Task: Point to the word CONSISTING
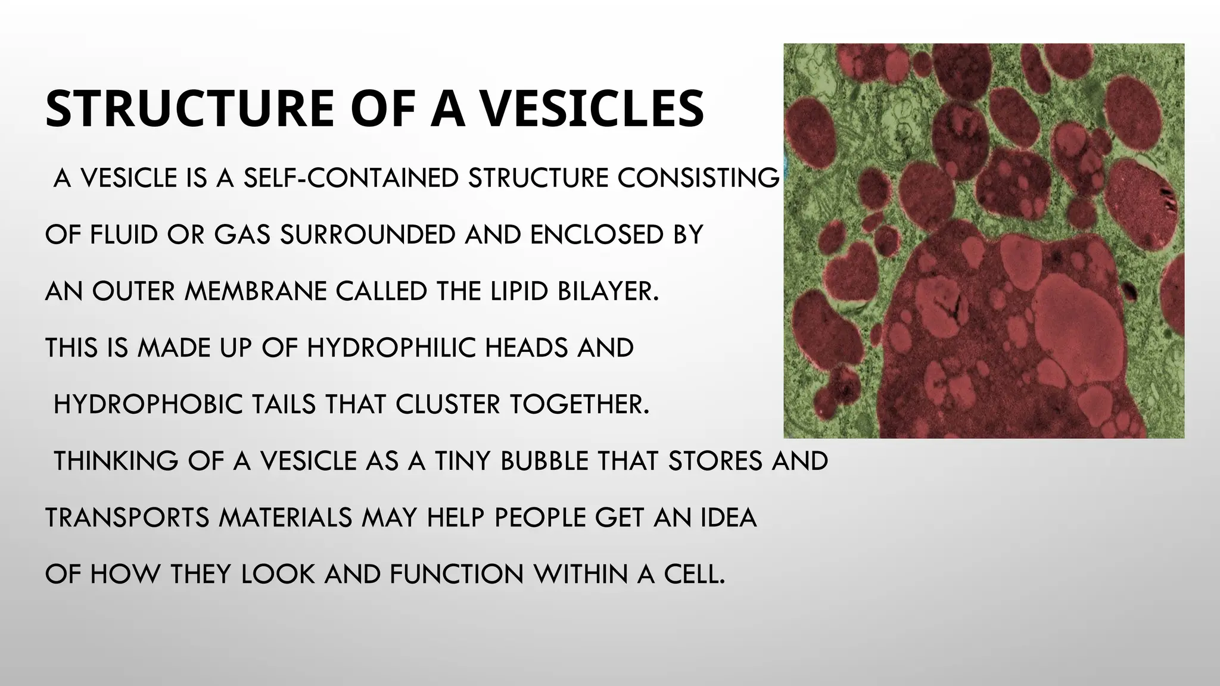point(698,178)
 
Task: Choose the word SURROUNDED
point(368,235)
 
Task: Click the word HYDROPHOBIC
point(148,404)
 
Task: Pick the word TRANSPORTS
point(127,517)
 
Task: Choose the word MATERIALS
point(286,517)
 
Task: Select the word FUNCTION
point(456,574)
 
